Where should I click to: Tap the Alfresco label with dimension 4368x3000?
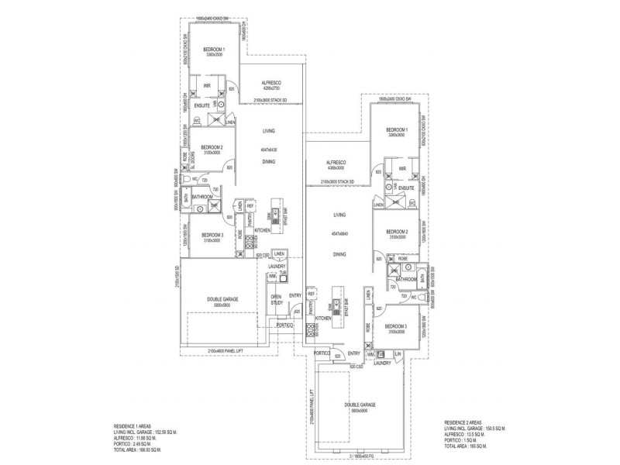(x=336, y=165)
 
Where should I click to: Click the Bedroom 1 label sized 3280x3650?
(x=396, y=132)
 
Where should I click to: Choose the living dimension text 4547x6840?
(x=339, y=233)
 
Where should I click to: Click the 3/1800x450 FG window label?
(x=360, y=456)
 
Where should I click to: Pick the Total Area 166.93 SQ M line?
(x=140, y=449)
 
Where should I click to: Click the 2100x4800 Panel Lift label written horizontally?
(x=229, y=351)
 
